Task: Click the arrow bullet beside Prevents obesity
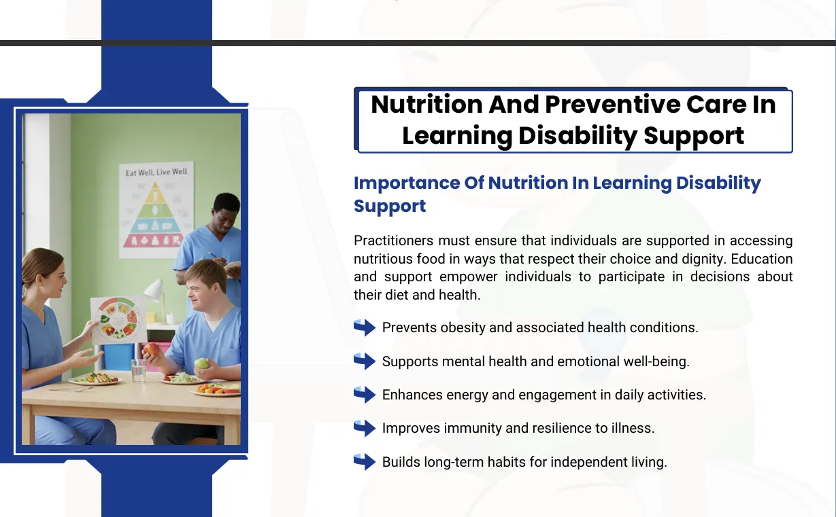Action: tap(365, 327)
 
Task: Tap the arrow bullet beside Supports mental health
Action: tap(365, 361)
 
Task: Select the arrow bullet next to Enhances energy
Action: tap(365, 395)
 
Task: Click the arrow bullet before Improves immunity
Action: tap(365, 428)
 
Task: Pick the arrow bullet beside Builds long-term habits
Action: tap(365, 462)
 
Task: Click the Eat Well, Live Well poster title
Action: tap(156, 172)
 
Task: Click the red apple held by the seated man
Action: tap(151, 349)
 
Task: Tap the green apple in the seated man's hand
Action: tap(201, 363)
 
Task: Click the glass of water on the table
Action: tap(138, 370)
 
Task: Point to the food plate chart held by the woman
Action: tap(118, 320)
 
